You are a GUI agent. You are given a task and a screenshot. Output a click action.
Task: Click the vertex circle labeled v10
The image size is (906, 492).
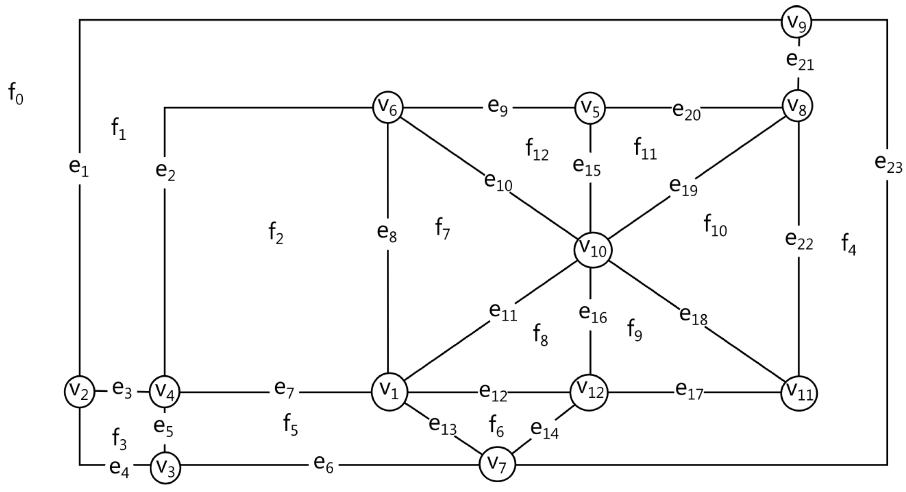pos(592,251)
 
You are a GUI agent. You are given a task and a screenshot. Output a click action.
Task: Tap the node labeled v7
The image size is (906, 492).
pos(498,465)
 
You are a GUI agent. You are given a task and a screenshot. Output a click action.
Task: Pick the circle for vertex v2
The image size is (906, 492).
pos(80,392)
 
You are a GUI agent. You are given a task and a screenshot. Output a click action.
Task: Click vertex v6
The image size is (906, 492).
pos(388,107)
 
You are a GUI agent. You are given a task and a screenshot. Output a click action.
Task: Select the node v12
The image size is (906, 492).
pos(589,393)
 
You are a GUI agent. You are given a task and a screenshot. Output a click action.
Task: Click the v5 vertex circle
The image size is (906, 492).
pos(590,108)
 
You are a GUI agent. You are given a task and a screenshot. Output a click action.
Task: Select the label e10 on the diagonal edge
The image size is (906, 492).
pos(498,182)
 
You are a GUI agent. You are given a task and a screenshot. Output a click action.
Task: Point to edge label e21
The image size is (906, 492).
pos(800,61)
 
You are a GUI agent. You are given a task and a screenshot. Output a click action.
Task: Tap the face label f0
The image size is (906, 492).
pos(16,94)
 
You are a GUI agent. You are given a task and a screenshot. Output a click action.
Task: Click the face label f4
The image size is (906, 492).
pos(848,245)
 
